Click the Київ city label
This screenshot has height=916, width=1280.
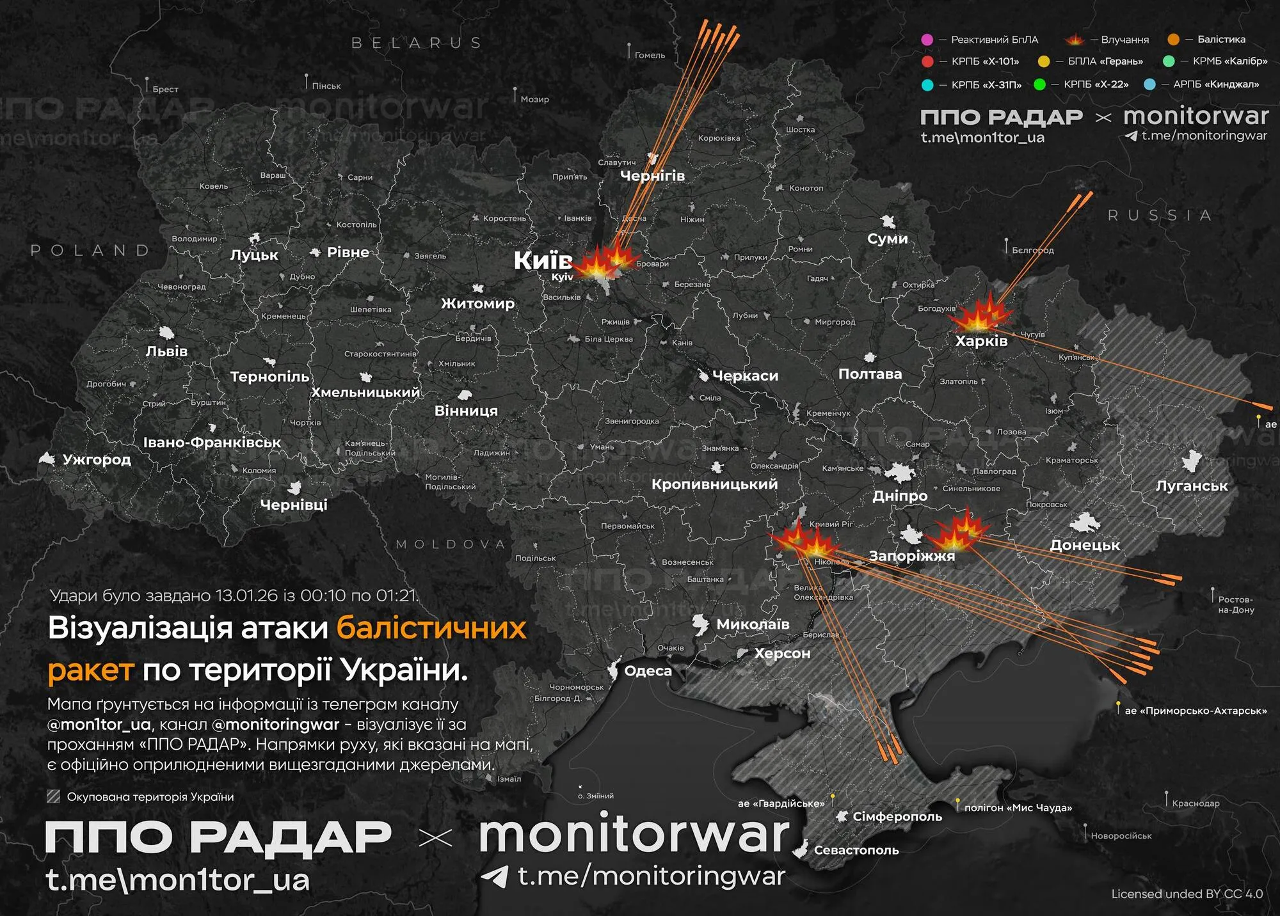pos(543,260)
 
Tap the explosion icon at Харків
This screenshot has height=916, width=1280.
pos(980,313)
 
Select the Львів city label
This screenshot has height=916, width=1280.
pos(166,351)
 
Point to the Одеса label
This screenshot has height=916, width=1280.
pos(648,671)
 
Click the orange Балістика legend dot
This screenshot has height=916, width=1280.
pos(1173,40)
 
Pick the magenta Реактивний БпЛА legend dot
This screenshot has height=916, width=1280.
pos(927,40)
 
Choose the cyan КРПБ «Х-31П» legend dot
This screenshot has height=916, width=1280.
pos(927,84)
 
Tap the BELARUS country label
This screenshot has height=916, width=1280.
pos(417,43)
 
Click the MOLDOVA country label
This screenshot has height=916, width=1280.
pos(451,544)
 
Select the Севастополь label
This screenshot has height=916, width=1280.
pos(856,850)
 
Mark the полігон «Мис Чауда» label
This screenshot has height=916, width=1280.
pos(1018,808)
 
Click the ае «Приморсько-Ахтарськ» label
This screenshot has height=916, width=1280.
pos(1196,711)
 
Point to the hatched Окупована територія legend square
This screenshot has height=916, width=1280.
pos(54,796)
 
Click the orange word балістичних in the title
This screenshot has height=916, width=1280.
pos(431,628)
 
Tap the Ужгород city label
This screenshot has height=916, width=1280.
pos(97,459)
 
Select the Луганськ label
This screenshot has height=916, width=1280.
pos(1192,486)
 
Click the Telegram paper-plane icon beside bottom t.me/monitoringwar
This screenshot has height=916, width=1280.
pos(494,876)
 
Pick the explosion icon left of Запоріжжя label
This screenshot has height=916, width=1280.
pos(803,541)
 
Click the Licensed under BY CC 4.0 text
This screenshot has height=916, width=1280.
pos(1187,894)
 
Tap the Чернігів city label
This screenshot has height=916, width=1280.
pos(652,176)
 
